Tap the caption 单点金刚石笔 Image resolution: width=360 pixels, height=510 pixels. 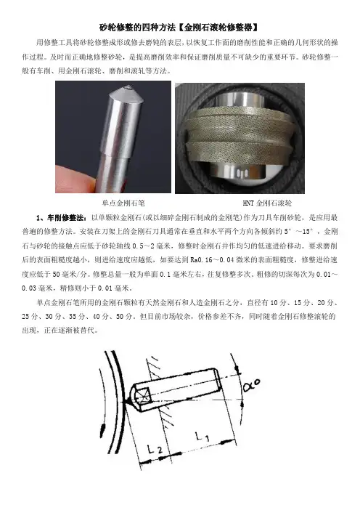[x=123, y=203]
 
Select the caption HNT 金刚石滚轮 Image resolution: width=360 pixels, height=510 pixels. [x=267, y=203]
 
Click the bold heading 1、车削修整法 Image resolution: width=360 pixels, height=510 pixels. [x=62, y=218]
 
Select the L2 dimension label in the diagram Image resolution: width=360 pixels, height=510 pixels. [x=155, y=449]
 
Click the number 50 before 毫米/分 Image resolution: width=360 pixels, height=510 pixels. [x=56, y=274]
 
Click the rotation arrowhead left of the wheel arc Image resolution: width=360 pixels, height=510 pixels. [x=104, y=426]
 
